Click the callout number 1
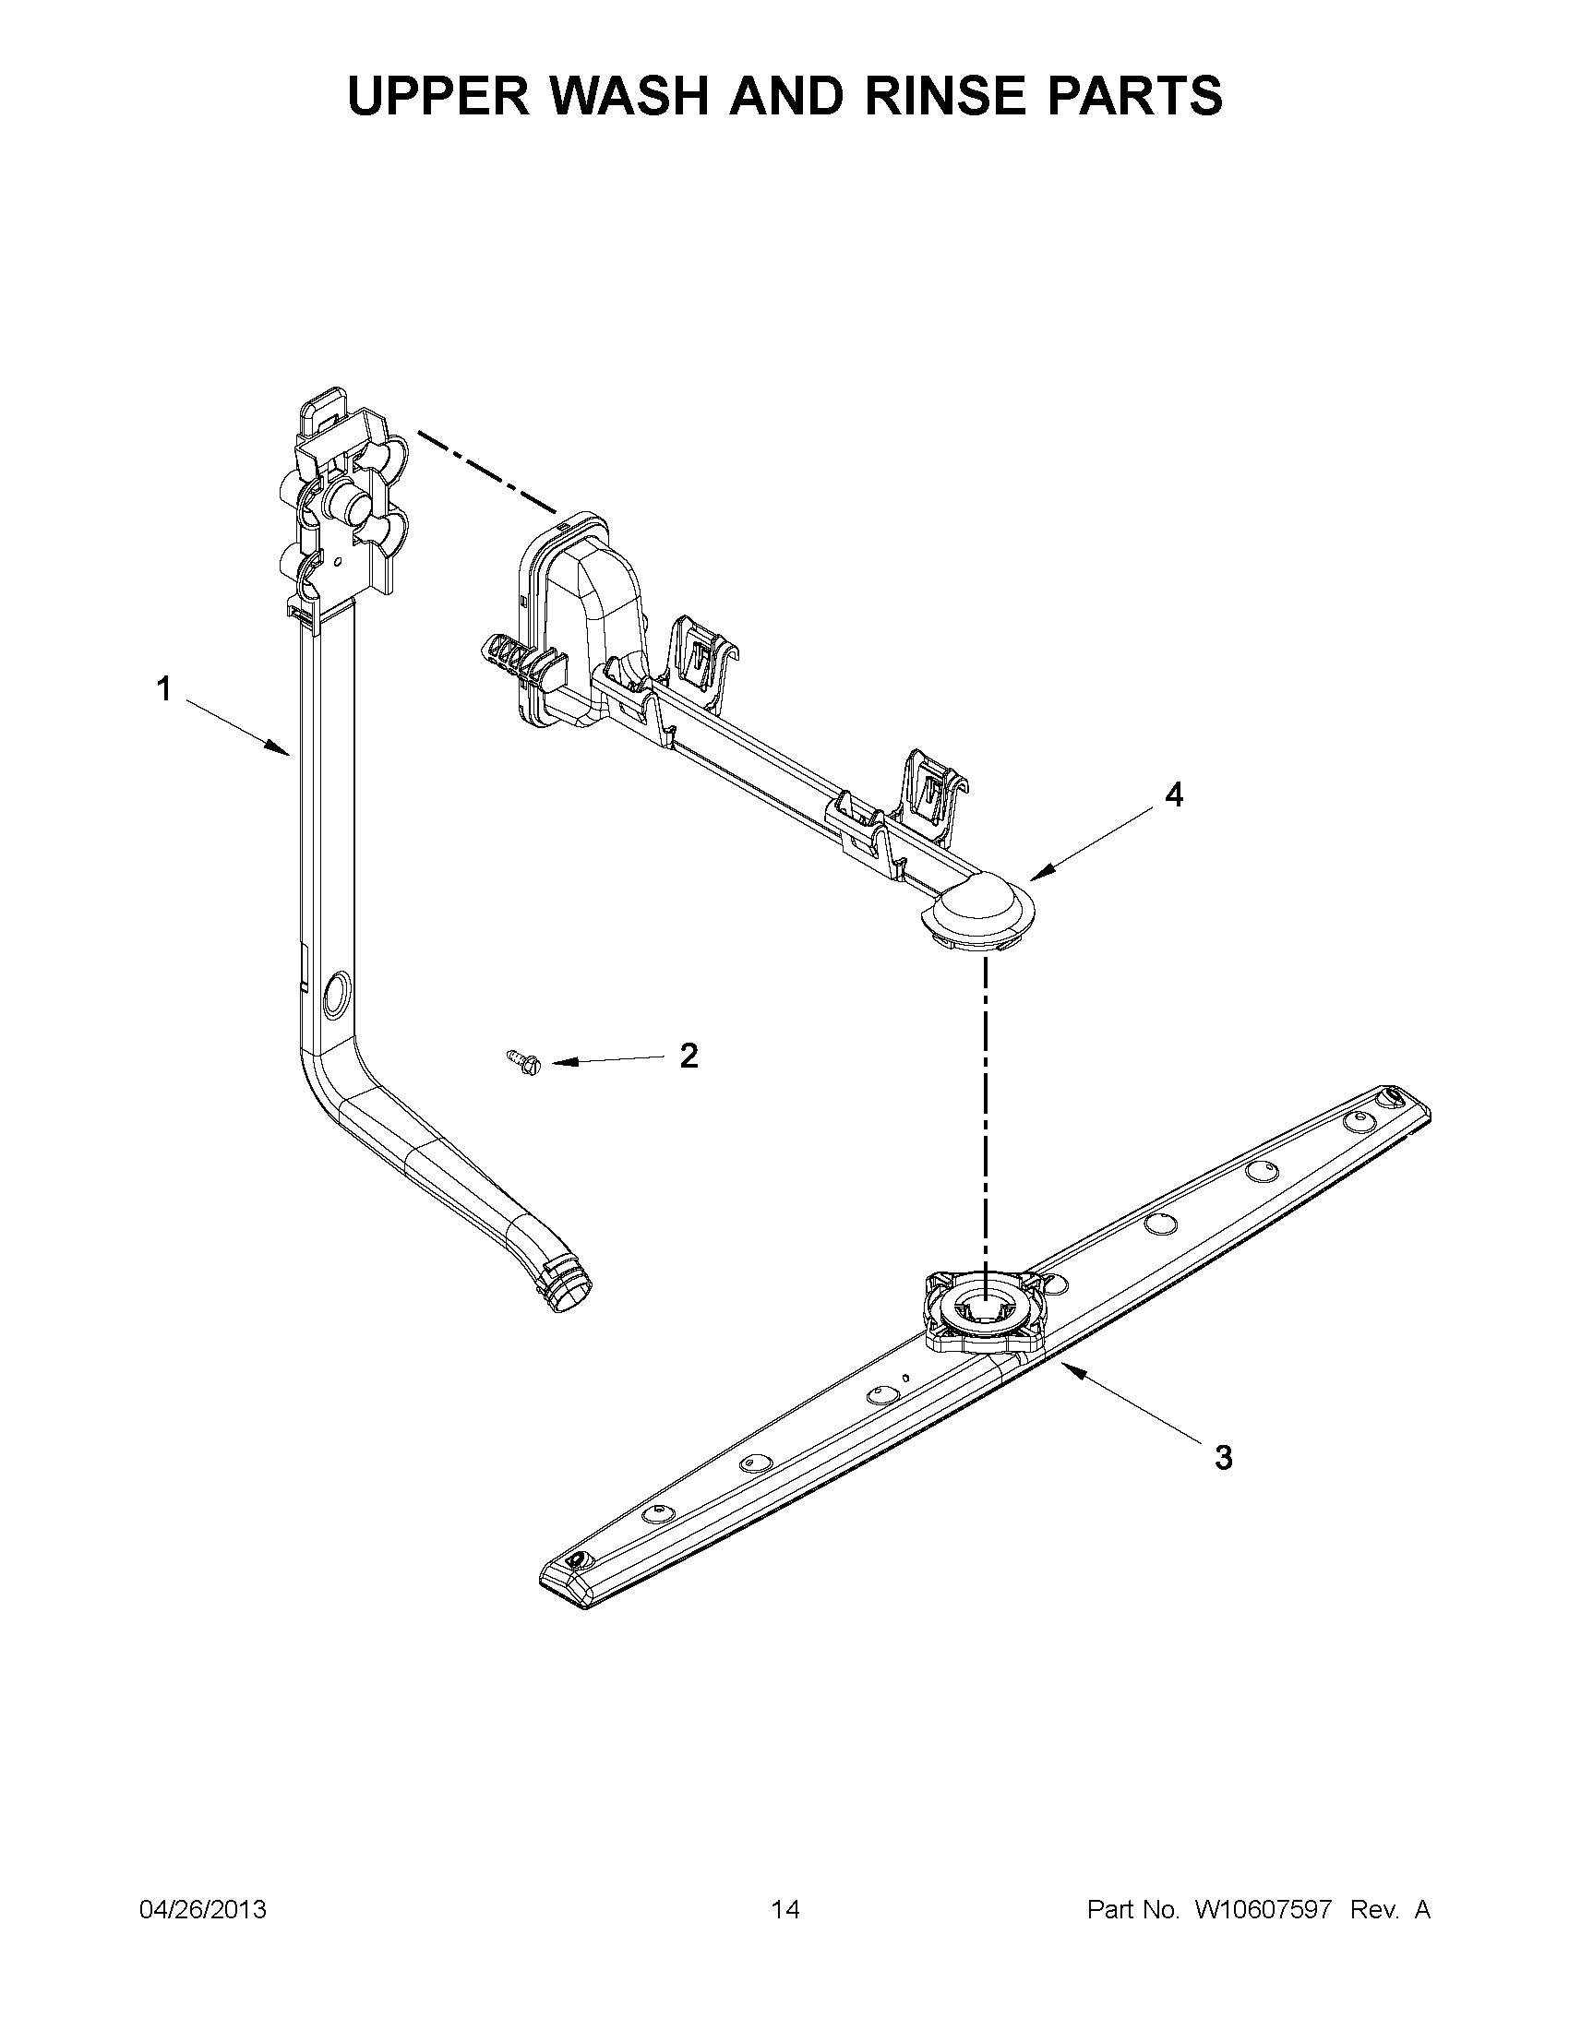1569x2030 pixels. (x=163, y=690)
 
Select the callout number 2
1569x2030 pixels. (x=689, y=1056)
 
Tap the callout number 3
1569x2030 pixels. (x=1224, y=1457)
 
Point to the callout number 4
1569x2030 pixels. (x=1175, y=794)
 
